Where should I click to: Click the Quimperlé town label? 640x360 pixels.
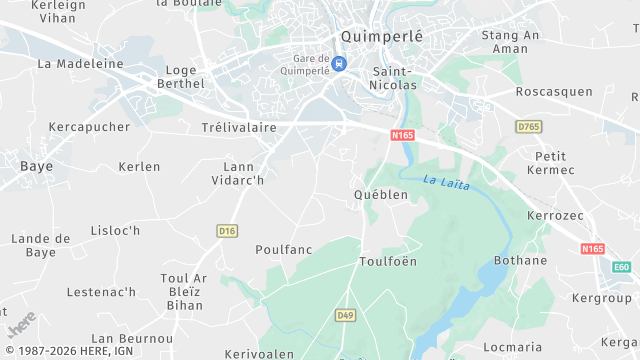(381, 36)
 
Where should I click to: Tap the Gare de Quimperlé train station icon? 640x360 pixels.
(340, 64)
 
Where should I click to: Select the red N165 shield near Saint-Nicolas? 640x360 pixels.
(402, 135)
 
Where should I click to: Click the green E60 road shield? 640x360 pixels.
(622, 267)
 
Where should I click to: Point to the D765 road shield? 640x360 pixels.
(528, 127)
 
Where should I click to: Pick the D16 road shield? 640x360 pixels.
(227, 231)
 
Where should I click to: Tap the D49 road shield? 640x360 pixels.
(345, 315)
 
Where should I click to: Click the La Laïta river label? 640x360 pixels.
(442, 182)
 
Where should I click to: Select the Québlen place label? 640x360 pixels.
(381, 195)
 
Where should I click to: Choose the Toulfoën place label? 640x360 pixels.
(388, 261)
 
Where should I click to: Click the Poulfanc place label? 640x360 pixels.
(285, 249)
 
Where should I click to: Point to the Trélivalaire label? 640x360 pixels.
(240, 128)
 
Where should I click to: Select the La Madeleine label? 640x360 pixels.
(80, 63)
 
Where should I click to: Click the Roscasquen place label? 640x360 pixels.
(554, 92)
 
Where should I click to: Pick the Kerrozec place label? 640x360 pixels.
(554, 216)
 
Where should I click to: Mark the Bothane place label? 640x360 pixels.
(520, 261)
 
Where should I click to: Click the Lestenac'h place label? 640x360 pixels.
(101, 292)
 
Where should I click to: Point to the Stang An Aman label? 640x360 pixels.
(510, 42)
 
